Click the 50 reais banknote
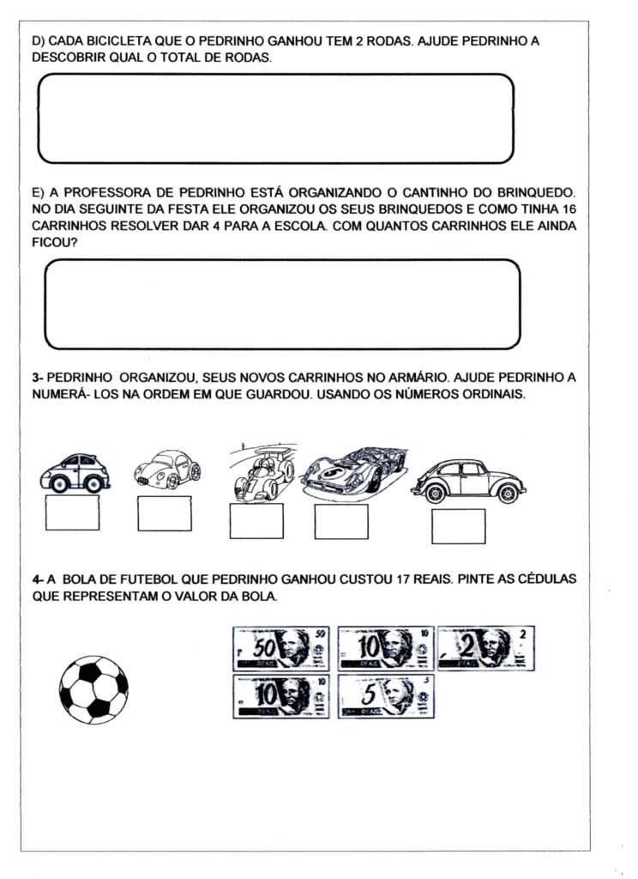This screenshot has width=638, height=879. tap(281, 648)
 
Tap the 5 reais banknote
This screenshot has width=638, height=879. tap(385, 696)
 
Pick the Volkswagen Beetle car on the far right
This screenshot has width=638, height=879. tap(468, 482)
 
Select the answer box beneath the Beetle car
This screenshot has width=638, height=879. tap(458, 526)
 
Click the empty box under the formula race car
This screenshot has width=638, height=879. tap(256, 520)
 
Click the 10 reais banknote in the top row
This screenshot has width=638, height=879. tap(384, 648)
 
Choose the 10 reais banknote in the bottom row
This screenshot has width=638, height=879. tap(281, 696)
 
